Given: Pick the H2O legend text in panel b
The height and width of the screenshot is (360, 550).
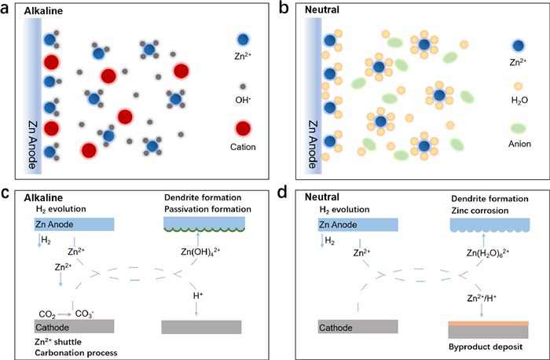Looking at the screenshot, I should [x=518, y=100].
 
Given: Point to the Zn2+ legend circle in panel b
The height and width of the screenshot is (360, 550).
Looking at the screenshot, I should [x=518, y=46].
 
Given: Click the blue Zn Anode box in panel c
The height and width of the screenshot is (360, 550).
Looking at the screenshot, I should [x=75, y=224].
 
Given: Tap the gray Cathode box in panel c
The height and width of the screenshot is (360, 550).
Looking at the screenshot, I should [x=75, y=326].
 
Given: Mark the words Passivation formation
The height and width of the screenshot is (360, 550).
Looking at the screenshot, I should [x=207, y=210].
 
